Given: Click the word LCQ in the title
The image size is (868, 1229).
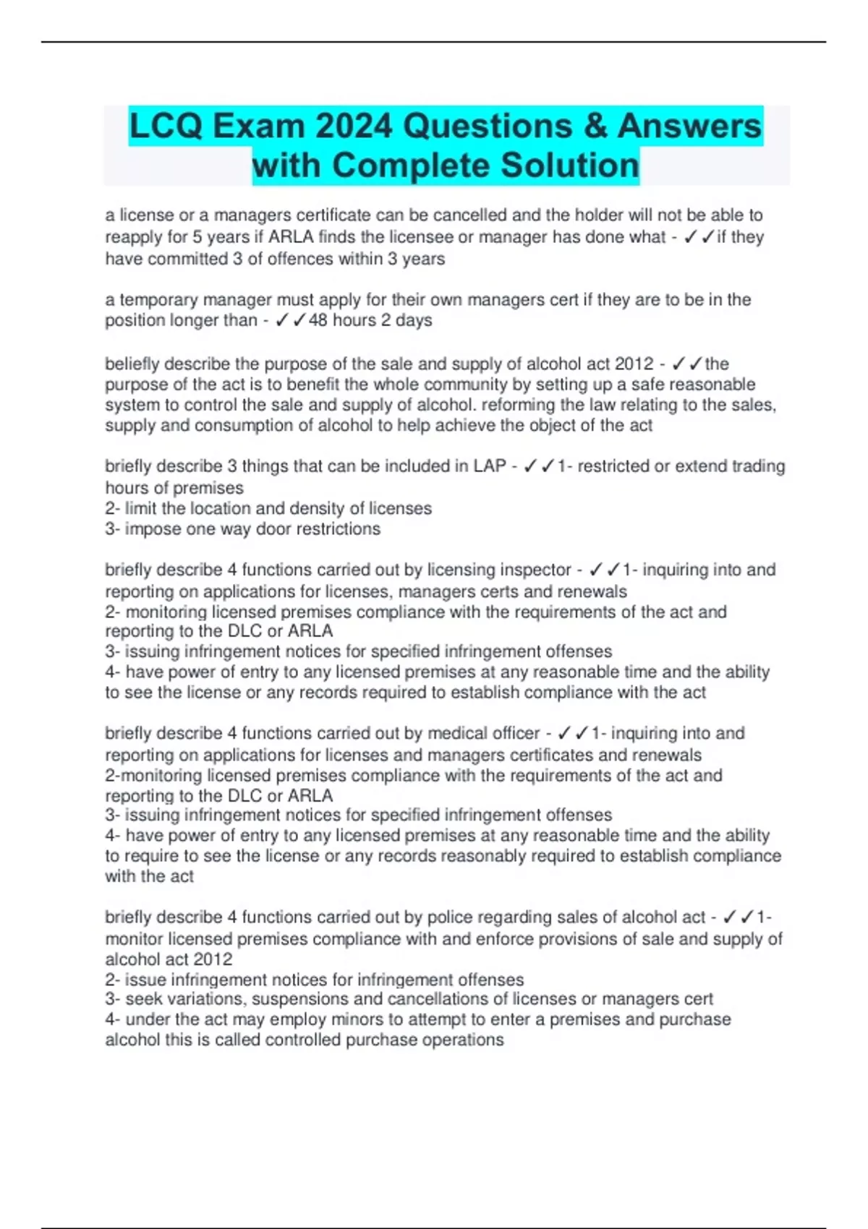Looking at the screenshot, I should pyautogui.click(x=166, y=127).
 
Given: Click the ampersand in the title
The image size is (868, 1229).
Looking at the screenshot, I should pyautogui.click(x=594, y=127).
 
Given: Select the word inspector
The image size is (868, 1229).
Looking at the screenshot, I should pyautogui.click(x=535, y=570).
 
